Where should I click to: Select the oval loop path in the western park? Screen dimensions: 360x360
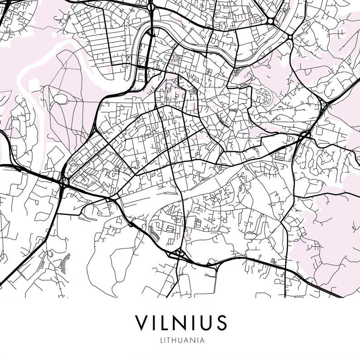coord(60,96)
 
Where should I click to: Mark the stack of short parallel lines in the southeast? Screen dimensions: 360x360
coord(274,262)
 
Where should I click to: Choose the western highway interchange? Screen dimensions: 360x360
coord(63,181)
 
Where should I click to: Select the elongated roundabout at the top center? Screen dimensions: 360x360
coord(151,32)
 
